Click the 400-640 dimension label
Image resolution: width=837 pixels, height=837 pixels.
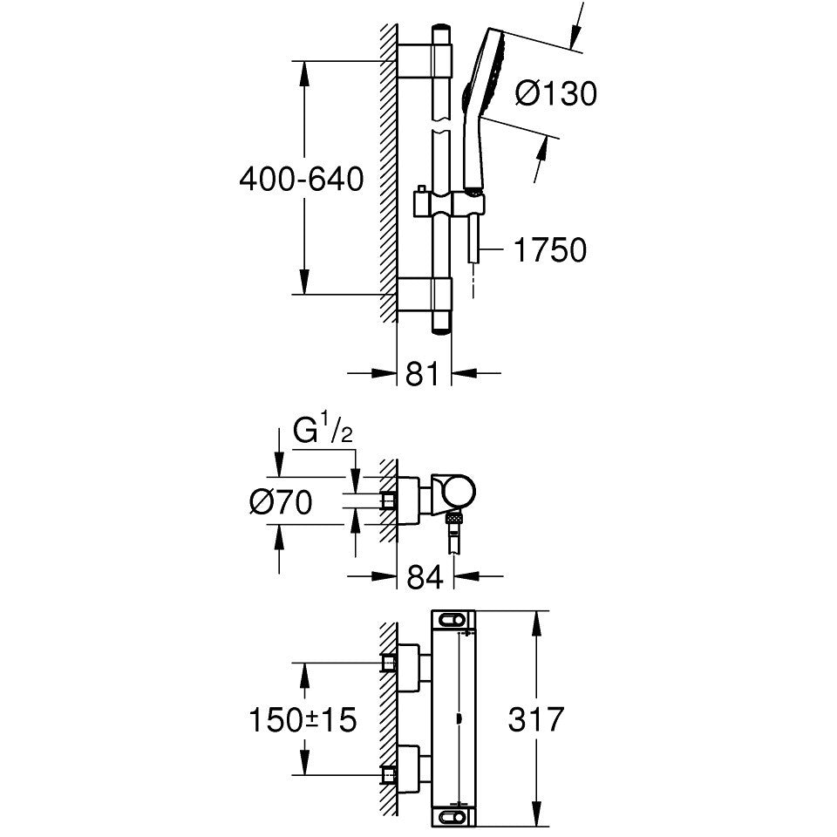pos(301,180)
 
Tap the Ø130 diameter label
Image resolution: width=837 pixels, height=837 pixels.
pos(555,93)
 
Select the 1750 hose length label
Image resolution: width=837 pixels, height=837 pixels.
pos(549,250)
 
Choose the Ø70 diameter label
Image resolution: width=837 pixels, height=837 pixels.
pos(280,502)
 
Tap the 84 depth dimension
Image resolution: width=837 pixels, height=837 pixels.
pos(425,576)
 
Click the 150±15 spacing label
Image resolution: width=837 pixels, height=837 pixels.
pos(303,720)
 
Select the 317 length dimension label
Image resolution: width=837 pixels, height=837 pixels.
pos(534,720)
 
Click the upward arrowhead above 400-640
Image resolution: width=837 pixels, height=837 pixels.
pos(303,74)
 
